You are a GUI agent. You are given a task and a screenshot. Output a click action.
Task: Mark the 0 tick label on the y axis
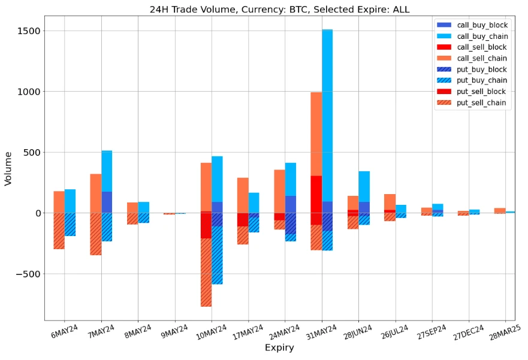pos(37,213)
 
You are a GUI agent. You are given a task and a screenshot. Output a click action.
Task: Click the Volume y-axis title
pos(8,168)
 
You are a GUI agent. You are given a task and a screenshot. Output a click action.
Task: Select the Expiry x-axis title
pos(279,348)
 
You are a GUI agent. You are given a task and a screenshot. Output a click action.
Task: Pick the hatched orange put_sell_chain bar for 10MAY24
pos(206,273)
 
